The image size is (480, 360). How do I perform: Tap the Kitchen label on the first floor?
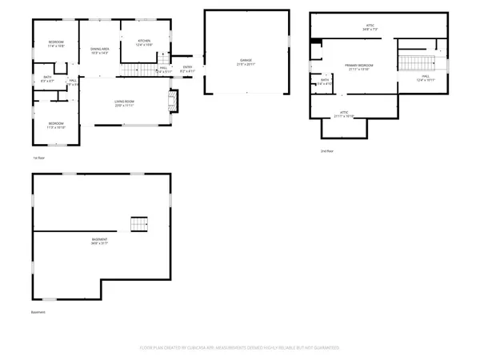(144, 42)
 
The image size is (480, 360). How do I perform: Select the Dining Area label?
(100, 51)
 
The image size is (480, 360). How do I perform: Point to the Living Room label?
(123, 103)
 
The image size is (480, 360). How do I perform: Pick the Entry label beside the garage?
(188, 70)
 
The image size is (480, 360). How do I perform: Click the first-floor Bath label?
(48, 78)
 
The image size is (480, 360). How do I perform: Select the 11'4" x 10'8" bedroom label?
(55, 44)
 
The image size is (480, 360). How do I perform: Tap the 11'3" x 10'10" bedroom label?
(55, 126)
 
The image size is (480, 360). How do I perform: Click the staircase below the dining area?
(127, 73)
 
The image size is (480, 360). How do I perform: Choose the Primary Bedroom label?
(359, 67)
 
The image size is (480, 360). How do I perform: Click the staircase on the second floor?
(414, 64)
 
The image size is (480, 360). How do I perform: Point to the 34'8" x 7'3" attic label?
(370, 28)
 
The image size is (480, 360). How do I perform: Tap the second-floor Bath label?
(325, 82)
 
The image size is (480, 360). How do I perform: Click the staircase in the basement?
(141, 223)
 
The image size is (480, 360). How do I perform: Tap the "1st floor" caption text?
(38, 158)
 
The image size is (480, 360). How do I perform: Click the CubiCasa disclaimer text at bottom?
(240, 348)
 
